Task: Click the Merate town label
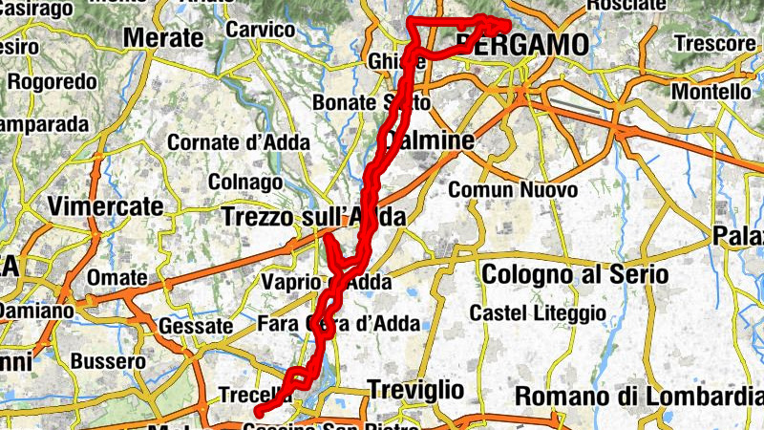(x=164, y=38)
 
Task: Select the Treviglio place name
(x=415, y=389)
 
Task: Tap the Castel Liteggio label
(x=538, y=312)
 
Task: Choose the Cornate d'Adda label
(x=239, y=142)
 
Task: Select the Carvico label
(x=260, y=30)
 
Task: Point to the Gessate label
(x=197, y=326)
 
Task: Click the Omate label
(x=117, y=278)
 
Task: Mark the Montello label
(x=711, y=92)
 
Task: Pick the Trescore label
(x=714, y=43)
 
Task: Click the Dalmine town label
(x=428, y=141)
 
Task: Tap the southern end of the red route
(x=258, y=413)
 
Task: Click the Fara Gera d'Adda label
(x=339, y=323)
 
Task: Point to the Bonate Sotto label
(x=372, y=101)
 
